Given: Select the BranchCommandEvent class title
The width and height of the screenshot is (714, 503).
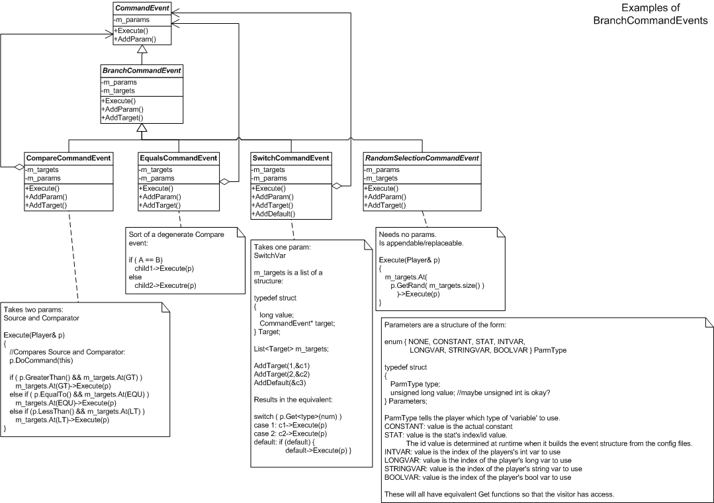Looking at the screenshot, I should click(x=141, y=70).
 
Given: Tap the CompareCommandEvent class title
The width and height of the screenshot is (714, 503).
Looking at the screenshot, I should click(x=67, y=158).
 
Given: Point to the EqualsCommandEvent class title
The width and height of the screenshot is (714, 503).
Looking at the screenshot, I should click(x=178, y=158).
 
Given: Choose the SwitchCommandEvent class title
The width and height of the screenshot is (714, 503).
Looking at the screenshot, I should click(x=290, y=158).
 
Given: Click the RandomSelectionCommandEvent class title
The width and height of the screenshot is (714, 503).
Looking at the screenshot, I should click(x=422, y=158).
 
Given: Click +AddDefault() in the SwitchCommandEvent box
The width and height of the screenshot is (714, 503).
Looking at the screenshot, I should click(x=273, y=213).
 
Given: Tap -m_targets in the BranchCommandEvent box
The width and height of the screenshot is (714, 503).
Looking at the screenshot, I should click(x=118, y=90).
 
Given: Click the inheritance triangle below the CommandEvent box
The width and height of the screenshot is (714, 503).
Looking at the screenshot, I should click(x=141, y=50).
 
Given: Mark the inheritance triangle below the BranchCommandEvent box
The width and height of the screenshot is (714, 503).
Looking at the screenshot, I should click(x=141, y=128).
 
